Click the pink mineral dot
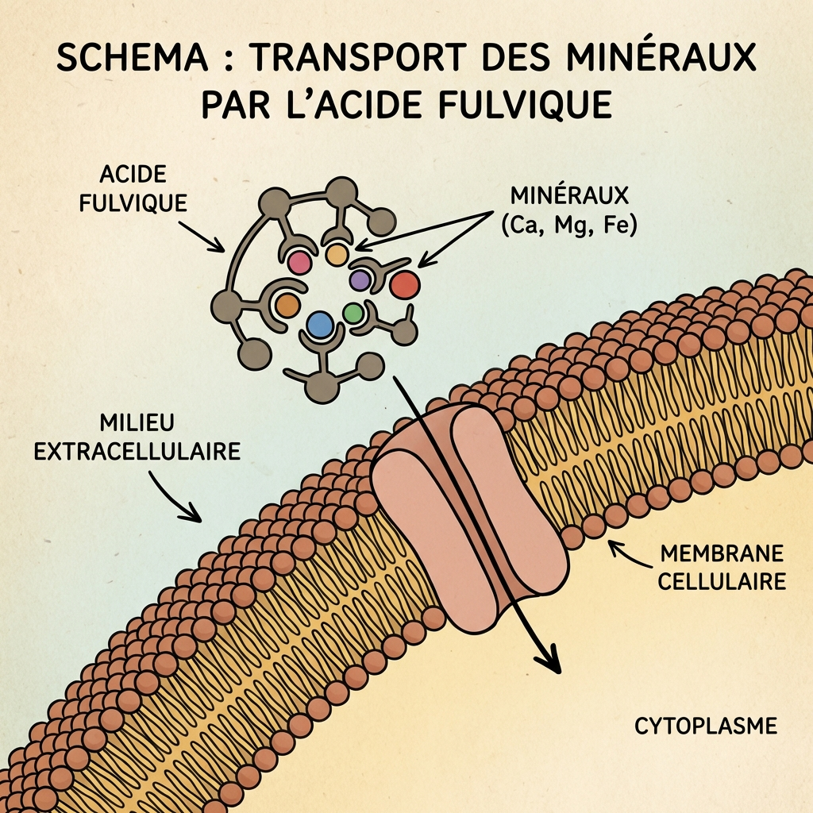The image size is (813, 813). tap(299, 261)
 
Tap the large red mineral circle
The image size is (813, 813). tap(404, 283)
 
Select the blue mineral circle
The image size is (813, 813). tap(319, 324)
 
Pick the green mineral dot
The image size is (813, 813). tap(354, 313)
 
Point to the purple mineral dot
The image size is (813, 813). tap(360, 279)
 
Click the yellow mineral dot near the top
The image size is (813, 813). tap(337, 254)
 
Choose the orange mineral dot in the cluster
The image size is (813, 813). tap(287, 305)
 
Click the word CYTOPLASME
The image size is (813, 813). tap(705, 726)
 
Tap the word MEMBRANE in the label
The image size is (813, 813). tap(722, 553)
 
